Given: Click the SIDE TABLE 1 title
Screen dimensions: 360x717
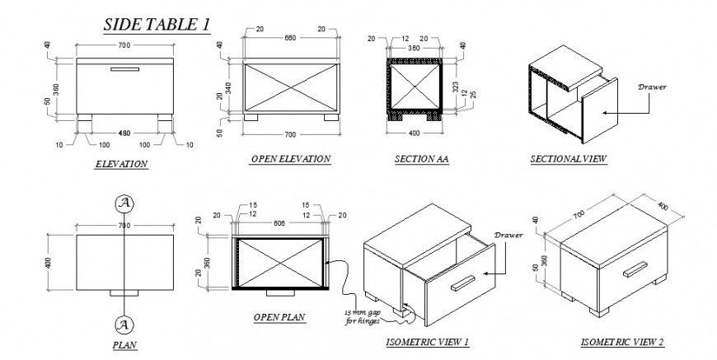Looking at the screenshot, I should point(155,25).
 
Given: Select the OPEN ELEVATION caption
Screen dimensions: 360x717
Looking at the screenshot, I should point(290,159).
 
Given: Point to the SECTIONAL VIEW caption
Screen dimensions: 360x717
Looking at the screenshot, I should point(569,159).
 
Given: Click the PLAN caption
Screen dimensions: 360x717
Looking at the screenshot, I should point(124,345).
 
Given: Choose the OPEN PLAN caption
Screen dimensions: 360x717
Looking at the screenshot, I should point(279,316).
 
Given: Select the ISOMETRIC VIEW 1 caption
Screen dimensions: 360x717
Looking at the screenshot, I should point(428,342).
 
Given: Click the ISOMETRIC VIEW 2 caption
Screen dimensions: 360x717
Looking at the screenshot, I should point(622,342).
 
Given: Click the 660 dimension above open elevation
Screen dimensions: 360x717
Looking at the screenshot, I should point(290,38).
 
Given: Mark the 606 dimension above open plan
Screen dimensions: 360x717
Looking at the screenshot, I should point(279,222).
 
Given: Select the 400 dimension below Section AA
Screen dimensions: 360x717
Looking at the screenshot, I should point(415,133).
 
